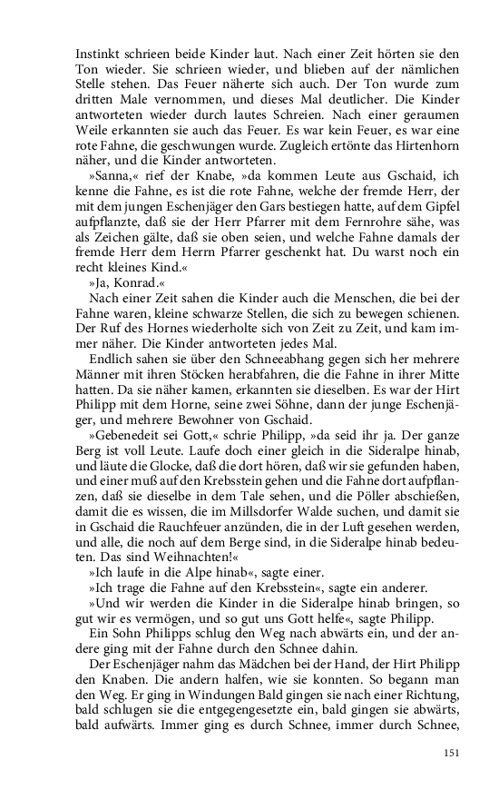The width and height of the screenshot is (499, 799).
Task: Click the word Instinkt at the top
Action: (x=97, y=53)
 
